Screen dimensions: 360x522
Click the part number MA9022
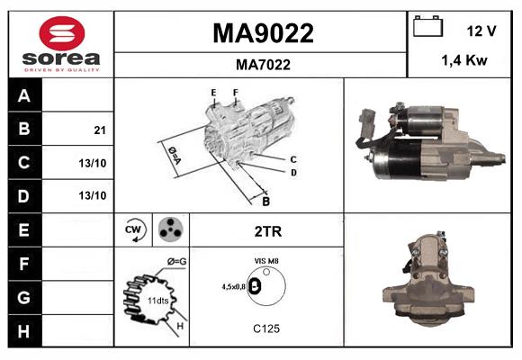click(x=262, y=33)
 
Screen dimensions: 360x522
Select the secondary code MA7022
click(x=262, y=64)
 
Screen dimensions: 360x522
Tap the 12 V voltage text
click(x=481, y=31)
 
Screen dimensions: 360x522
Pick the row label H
click(x=24, y=330)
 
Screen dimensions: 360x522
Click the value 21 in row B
click(x=99, y=130)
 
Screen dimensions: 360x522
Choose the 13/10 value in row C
click(x=93, y=163)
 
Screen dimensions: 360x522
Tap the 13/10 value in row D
click(x=93, y=194)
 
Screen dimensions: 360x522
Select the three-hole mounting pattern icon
click(x=170, y=229)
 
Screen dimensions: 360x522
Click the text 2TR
click(x=268, y=230)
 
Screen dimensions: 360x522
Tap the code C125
click(x=266, y=328)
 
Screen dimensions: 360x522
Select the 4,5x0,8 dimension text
click(x=232, y=286)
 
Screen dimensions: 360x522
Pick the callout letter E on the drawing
click(x=213, y=93)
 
